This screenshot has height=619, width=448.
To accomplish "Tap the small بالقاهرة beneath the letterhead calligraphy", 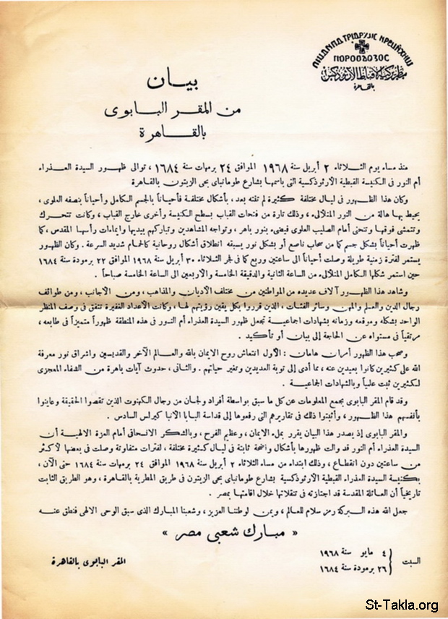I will tap(351, 82).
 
